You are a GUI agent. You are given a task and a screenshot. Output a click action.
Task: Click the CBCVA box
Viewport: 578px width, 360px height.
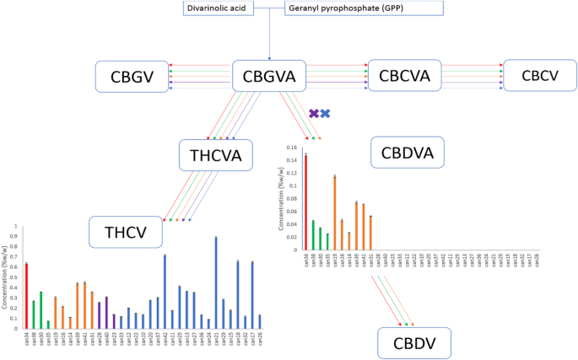[405, 77]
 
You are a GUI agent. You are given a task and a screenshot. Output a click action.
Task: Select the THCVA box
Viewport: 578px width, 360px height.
[215, 155]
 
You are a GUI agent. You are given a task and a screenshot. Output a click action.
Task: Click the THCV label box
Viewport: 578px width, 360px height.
[126, 231]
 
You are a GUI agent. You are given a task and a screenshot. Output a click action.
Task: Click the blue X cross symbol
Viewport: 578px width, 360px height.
[326, 113]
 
